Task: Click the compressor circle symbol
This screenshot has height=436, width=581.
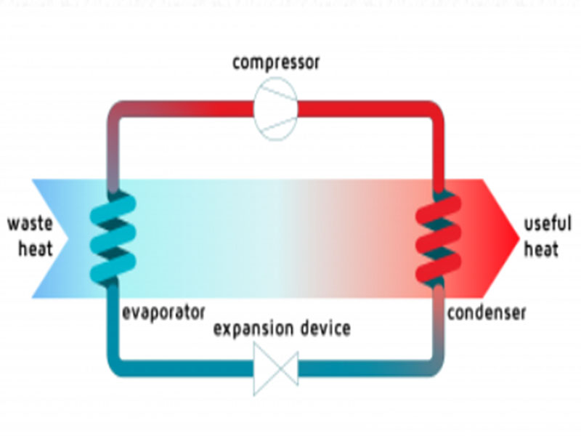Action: click(x=275, y=108)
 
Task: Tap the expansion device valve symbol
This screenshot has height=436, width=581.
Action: click(x=276, y=367)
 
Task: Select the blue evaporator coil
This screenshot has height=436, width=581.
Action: click(x=113, y=237)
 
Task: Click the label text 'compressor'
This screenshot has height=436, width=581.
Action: click(x=275, y=62)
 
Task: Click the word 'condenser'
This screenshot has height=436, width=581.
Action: click(x=486, y=313)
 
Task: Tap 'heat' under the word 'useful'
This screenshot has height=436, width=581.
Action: click(x=541, y=249)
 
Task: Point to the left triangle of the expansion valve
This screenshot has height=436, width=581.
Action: click(x=263, y=367)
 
